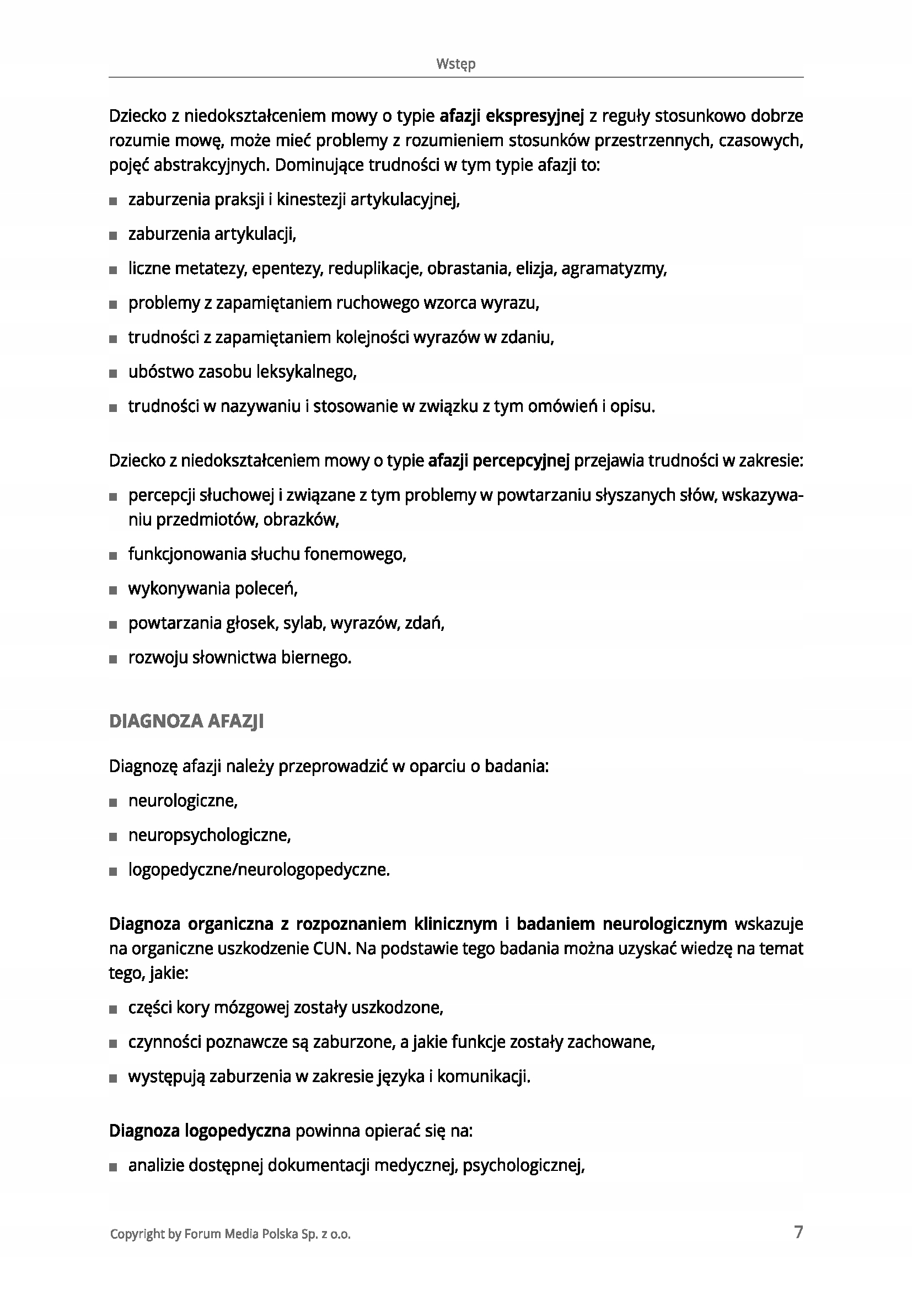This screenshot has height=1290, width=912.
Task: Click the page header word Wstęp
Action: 455,64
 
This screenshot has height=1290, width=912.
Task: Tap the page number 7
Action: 798,1232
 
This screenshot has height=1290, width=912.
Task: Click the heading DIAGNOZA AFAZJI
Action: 186,721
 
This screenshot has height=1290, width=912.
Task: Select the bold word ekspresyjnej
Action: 535,116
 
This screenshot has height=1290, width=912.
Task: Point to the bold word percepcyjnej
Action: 521,461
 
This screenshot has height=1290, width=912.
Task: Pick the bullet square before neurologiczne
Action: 114,802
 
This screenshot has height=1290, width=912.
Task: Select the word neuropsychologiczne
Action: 209,836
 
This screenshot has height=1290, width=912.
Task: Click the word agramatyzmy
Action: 613,269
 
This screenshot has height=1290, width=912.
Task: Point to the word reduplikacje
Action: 374,269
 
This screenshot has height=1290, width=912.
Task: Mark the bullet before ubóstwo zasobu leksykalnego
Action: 114,373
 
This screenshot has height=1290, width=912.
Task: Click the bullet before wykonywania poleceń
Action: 114,591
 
